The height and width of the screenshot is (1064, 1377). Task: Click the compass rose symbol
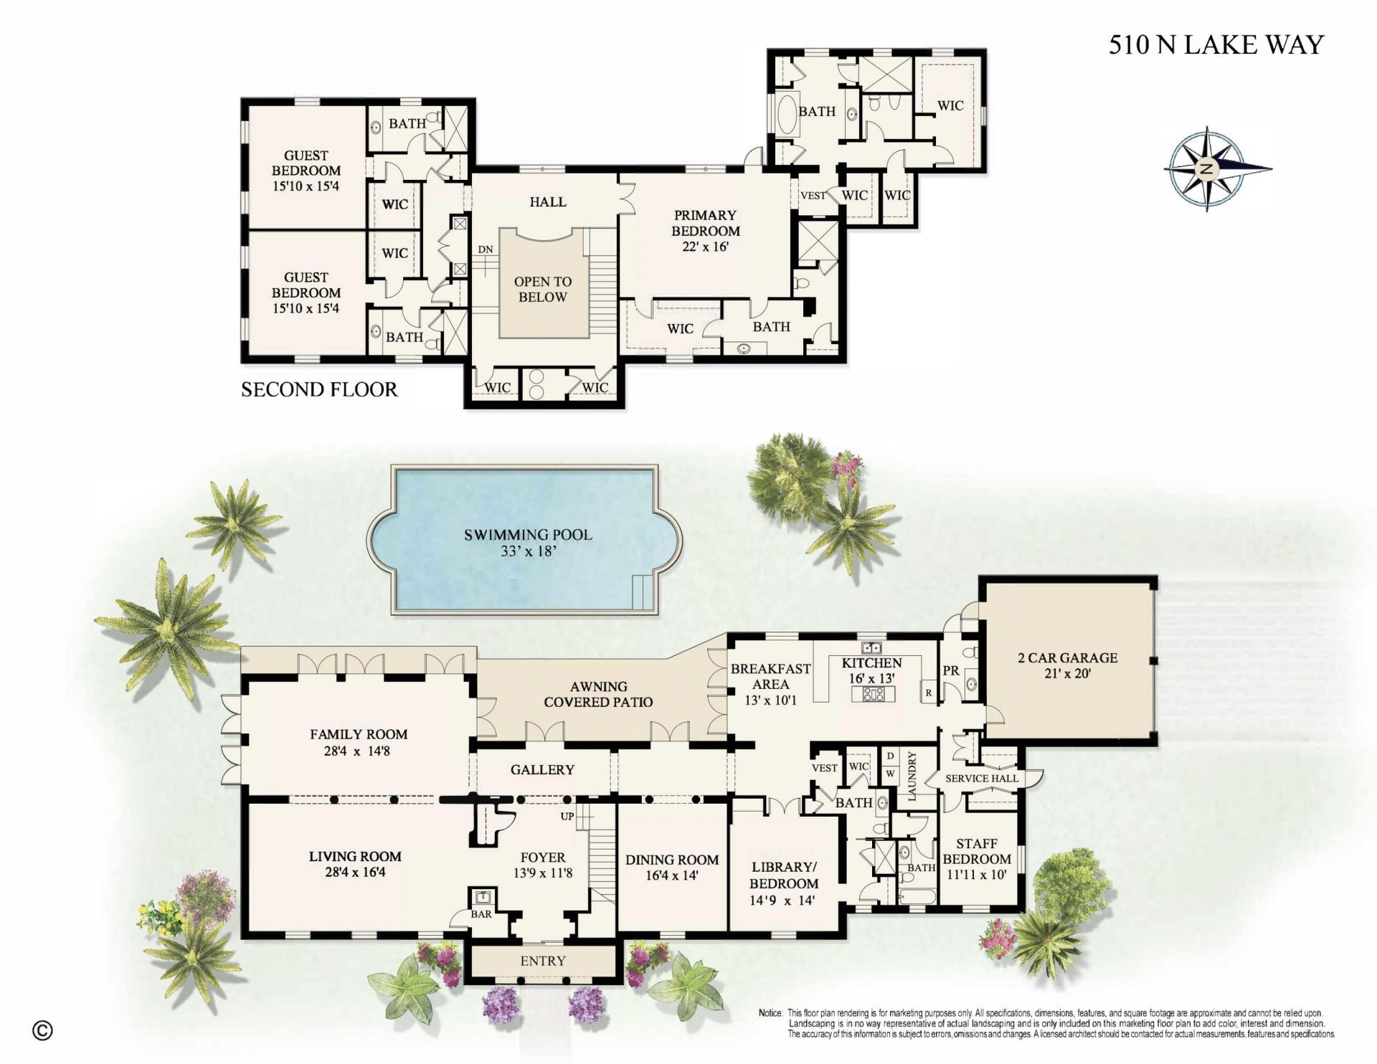(x=1207, y=169)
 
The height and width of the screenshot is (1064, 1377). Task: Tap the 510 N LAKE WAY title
(x=1216, y=44)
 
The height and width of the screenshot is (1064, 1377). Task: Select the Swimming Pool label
(x=528, y=543)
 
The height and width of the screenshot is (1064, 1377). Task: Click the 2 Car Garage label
(x=1067, y=665)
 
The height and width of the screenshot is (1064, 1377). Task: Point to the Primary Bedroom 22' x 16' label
(x=705, y=231)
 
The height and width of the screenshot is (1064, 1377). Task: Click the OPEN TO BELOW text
(x=543, y=289)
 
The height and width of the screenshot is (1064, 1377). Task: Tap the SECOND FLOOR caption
(x=319, y=389)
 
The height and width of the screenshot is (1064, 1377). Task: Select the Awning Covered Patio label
(x=598, y=694)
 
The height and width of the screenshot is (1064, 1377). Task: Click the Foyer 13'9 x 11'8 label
(x=543, y=865)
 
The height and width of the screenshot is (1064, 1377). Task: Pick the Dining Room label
(x=671, y=867)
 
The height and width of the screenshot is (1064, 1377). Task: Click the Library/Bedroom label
(x=783, y=883)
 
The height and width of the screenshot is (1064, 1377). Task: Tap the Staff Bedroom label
(x=976, y=858)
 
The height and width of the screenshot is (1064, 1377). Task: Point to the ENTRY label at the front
(x=543, y=960)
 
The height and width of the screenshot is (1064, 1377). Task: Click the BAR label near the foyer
(x=481, y=913)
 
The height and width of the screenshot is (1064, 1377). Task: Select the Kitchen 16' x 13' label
(x=871, y=670)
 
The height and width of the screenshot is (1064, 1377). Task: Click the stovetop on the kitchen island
(x=873, y=693)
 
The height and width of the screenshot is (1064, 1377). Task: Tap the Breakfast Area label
(x=770, y=683)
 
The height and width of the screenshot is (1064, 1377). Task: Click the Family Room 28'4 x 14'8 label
(x=359, y=742)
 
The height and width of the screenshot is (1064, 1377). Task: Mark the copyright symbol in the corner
(x=43, y=1030)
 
